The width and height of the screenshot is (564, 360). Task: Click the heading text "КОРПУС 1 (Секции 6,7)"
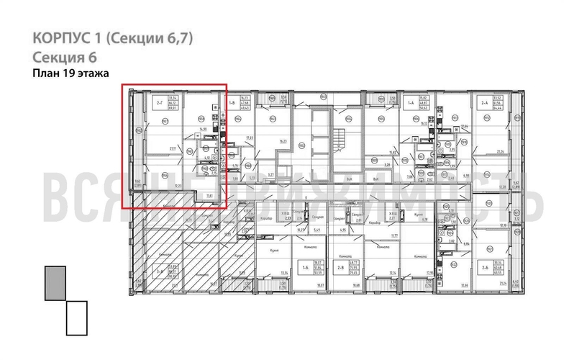point(114,37)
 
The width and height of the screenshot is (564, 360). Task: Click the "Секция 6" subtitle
point(65,58)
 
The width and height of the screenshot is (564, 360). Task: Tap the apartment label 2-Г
point(158,102)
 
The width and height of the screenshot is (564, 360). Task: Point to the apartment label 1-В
point(232,103)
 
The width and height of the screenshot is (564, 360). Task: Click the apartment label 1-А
point(411,103)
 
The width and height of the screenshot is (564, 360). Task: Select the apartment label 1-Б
point(305,269)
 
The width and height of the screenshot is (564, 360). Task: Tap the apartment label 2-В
point(341,269)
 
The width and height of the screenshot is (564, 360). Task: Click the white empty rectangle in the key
point(76,318)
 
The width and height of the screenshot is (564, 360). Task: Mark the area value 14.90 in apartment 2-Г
point(204,130)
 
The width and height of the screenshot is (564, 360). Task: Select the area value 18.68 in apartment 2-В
point(355,286)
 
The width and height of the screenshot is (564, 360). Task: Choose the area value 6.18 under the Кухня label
point(424,220)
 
